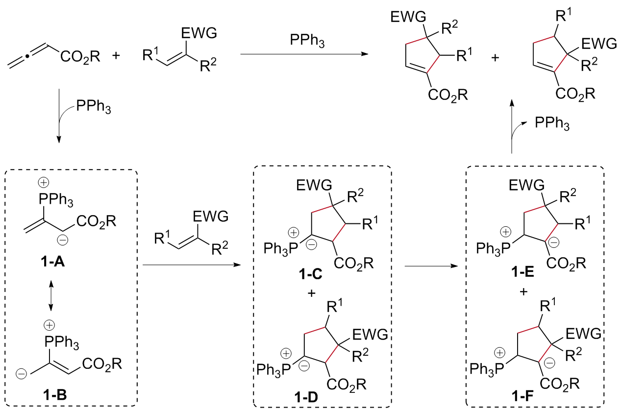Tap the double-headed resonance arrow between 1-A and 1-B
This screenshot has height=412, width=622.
point(51,294)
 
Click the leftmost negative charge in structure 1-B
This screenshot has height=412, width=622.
point(21,374)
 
